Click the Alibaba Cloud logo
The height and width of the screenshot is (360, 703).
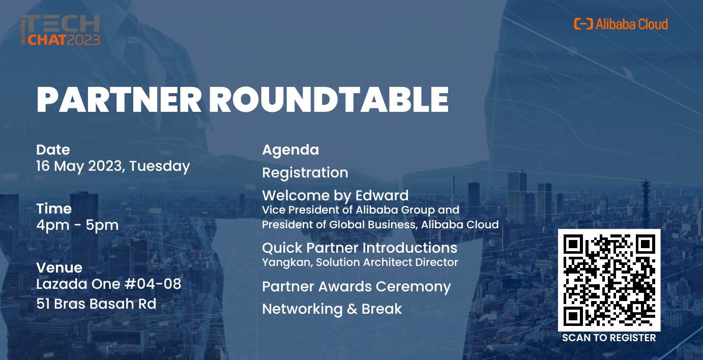(x=621, y=24)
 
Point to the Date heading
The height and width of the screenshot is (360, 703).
(x=53, y=150)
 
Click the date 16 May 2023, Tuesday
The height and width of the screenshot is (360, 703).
(x=113, y=166)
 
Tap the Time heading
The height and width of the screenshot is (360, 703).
(x=54, y=209)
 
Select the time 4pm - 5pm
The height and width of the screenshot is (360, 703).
(x=77, y=225)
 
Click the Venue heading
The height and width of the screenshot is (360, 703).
(x=59, y=267)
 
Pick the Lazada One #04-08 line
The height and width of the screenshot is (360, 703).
(x=108, y=284)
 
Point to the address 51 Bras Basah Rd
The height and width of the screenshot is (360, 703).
(x=96, y=304)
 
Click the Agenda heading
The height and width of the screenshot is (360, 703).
(x=290, y=150)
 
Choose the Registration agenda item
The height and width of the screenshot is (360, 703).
(x=305, y=173)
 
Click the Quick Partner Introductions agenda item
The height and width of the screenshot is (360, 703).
(x=359, y=248)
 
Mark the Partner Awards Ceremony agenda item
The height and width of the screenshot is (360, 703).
(x=356, y=287)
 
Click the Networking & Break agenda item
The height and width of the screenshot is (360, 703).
(x=332, y=309)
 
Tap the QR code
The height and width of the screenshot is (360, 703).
(x=609, y=280)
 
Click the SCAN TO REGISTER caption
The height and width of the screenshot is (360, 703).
(x=609, y=338)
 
